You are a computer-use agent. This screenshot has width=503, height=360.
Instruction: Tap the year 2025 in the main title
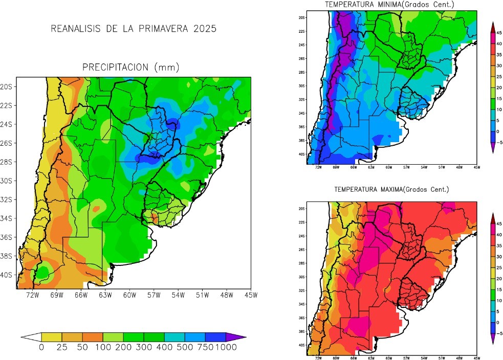tap(205, 29)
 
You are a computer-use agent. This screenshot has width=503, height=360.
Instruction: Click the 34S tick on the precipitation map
tap(7, 218)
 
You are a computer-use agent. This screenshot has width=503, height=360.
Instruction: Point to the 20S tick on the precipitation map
tap(7, 86)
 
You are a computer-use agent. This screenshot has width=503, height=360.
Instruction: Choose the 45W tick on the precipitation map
tap(250, 295)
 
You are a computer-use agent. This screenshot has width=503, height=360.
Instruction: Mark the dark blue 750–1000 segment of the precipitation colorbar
tap(215, 336)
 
